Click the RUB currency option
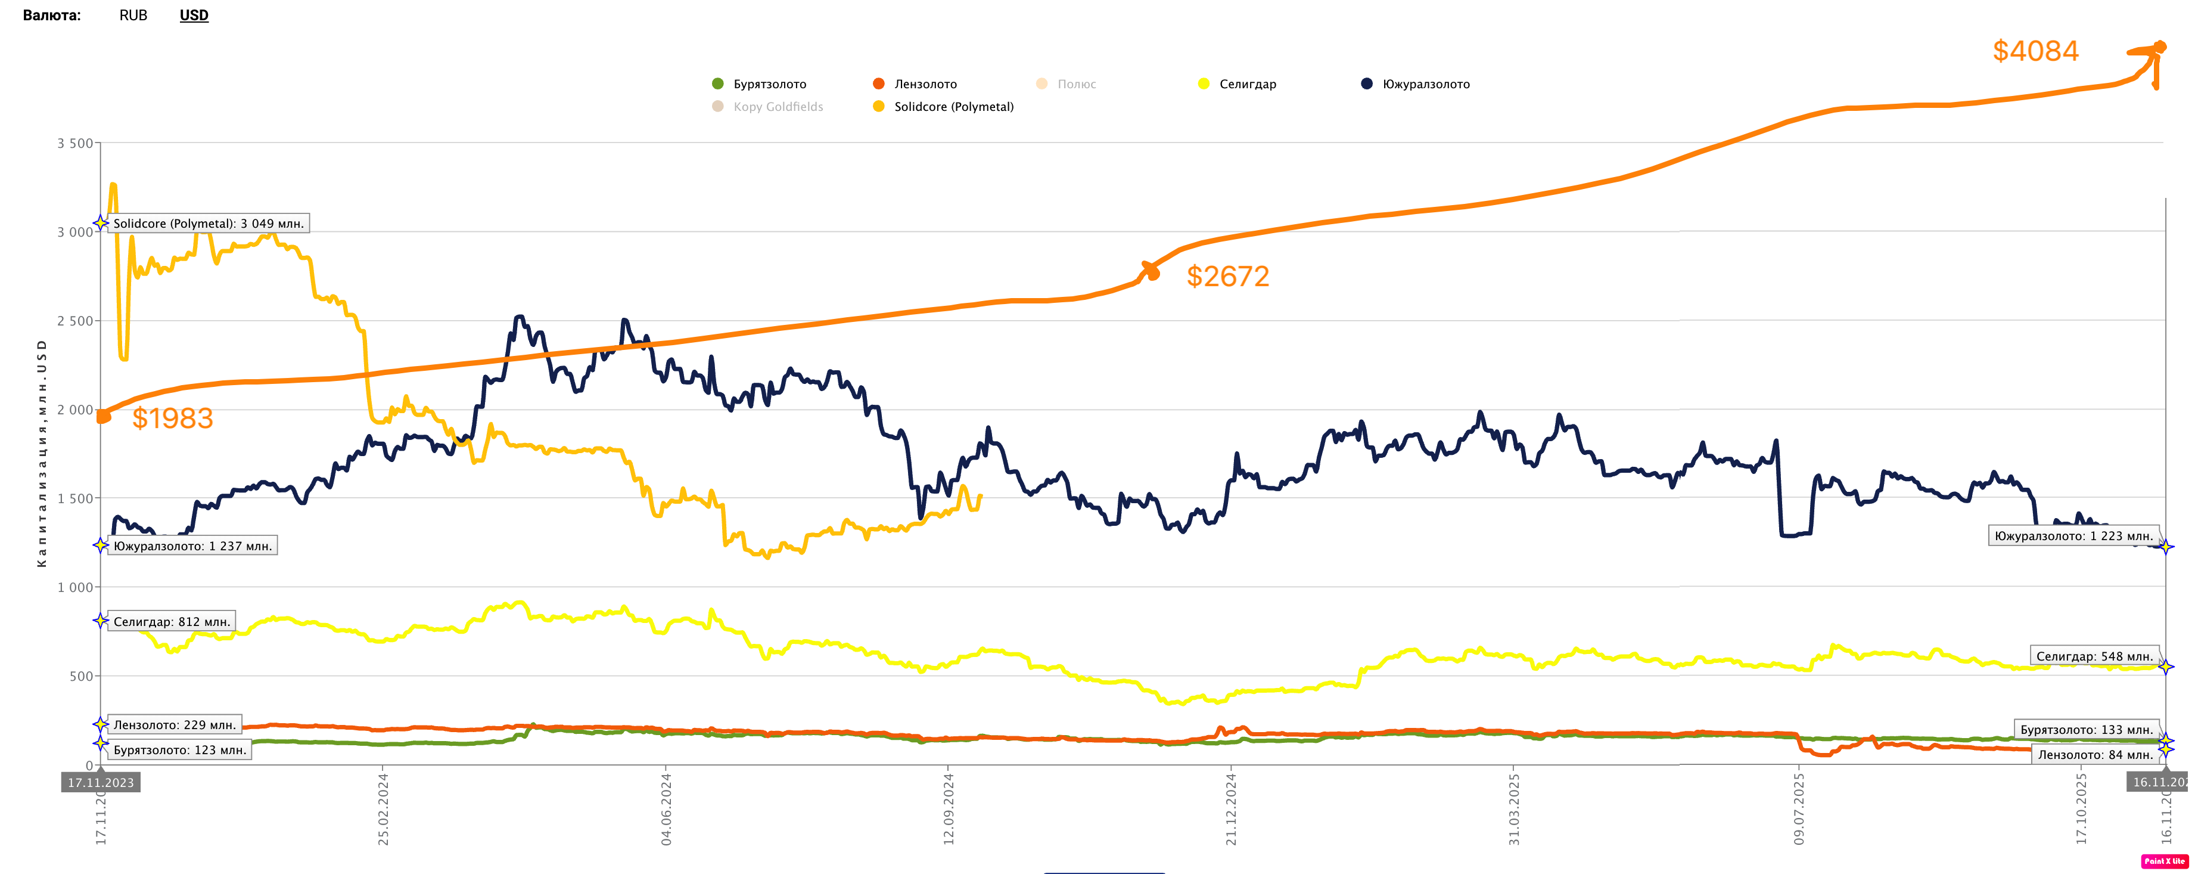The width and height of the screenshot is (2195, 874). (133, 16)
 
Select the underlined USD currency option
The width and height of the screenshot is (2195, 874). (194, 16)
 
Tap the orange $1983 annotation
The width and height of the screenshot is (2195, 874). (172, 418)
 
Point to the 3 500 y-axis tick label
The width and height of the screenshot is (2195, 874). (75, 143)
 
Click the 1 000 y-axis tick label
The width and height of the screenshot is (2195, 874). (75, 587)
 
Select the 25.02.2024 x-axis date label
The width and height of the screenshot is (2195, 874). (384, 808)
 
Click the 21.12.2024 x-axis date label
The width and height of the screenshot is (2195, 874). (1230, 808)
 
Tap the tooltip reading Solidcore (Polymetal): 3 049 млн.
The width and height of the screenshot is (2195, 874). (208, 224)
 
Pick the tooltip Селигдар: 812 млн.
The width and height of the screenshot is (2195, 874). (171, 622)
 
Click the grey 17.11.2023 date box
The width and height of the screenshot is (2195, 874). (101, 782)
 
